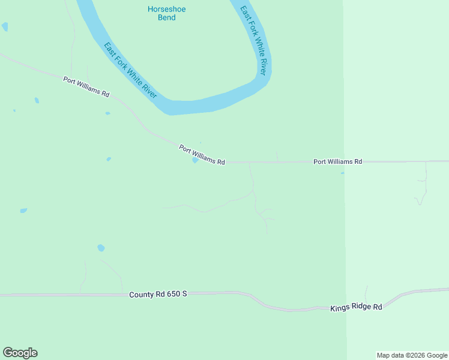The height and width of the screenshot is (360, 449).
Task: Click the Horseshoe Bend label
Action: coord(162,13)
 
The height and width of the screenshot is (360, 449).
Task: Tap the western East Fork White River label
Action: coord(130,70)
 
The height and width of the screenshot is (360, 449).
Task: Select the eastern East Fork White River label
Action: coord(253,41)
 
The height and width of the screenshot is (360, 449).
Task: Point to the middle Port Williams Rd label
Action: coord(202,155)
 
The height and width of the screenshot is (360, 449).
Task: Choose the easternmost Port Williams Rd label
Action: coord(338,161)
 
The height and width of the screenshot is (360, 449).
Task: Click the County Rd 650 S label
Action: coord(158,294)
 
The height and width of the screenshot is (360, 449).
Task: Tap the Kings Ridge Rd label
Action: coord(356,307)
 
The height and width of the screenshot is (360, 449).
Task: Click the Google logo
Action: coord(20,353)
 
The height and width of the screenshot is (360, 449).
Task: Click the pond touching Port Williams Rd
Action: coord(195,160)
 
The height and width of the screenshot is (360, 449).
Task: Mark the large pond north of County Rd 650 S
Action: coord(101,248)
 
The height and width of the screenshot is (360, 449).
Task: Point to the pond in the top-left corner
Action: coord(5,26)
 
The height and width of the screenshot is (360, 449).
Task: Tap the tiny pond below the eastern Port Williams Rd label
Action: coord(343,173)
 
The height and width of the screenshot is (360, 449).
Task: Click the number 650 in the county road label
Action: coord(172,294)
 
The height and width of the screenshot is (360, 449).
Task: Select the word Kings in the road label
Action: coord(340,308)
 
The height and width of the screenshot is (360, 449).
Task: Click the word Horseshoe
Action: coord(162,9)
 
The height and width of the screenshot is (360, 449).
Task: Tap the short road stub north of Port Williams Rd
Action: coord(277,156)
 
